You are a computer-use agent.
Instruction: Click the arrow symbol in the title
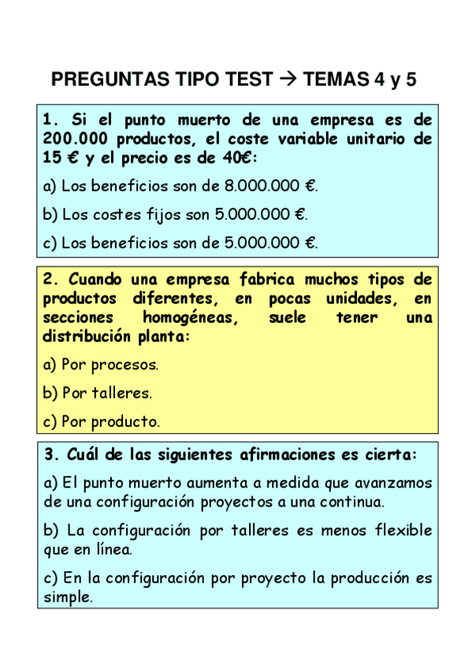tap(288, 80)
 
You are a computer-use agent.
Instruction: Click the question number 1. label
tap(52, 121)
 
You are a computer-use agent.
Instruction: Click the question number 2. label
tap(52, 280)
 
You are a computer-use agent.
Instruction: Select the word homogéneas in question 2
tap(188, 317)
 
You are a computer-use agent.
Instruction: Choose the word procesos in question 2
tap(125, 365)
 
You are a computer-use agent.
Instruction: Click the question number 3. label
tap(52, 455)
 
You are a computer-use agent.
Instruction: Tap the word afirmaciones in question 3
tap(277, 455)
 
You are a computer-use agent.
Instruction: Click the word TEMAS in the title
tap(336, 80)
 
